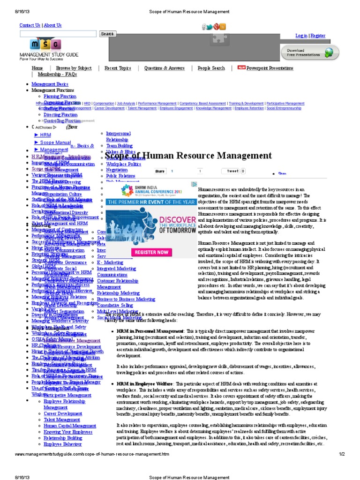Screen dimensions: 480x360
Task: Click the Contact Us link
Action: [x=30, y=25]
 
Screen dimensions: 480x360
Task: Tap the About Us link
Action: [x=52, y=25]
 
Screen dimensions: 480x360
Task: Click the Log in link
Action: [x=301, y=36]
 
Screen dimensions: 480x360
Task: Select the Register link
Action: [x=318, y=36]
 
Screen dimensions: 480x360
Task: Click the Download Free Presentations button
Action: [x=310, y=52]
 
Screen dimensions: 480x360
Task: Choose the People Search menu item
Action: [x=211, y=68]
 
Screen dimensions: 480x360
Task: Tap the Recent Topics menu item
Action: [x=118, y=68]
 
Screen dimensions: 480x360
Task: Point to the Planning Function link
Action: [x=60, y=96]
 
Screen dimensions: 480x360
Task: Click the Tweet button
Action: [x=233, y=171]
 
